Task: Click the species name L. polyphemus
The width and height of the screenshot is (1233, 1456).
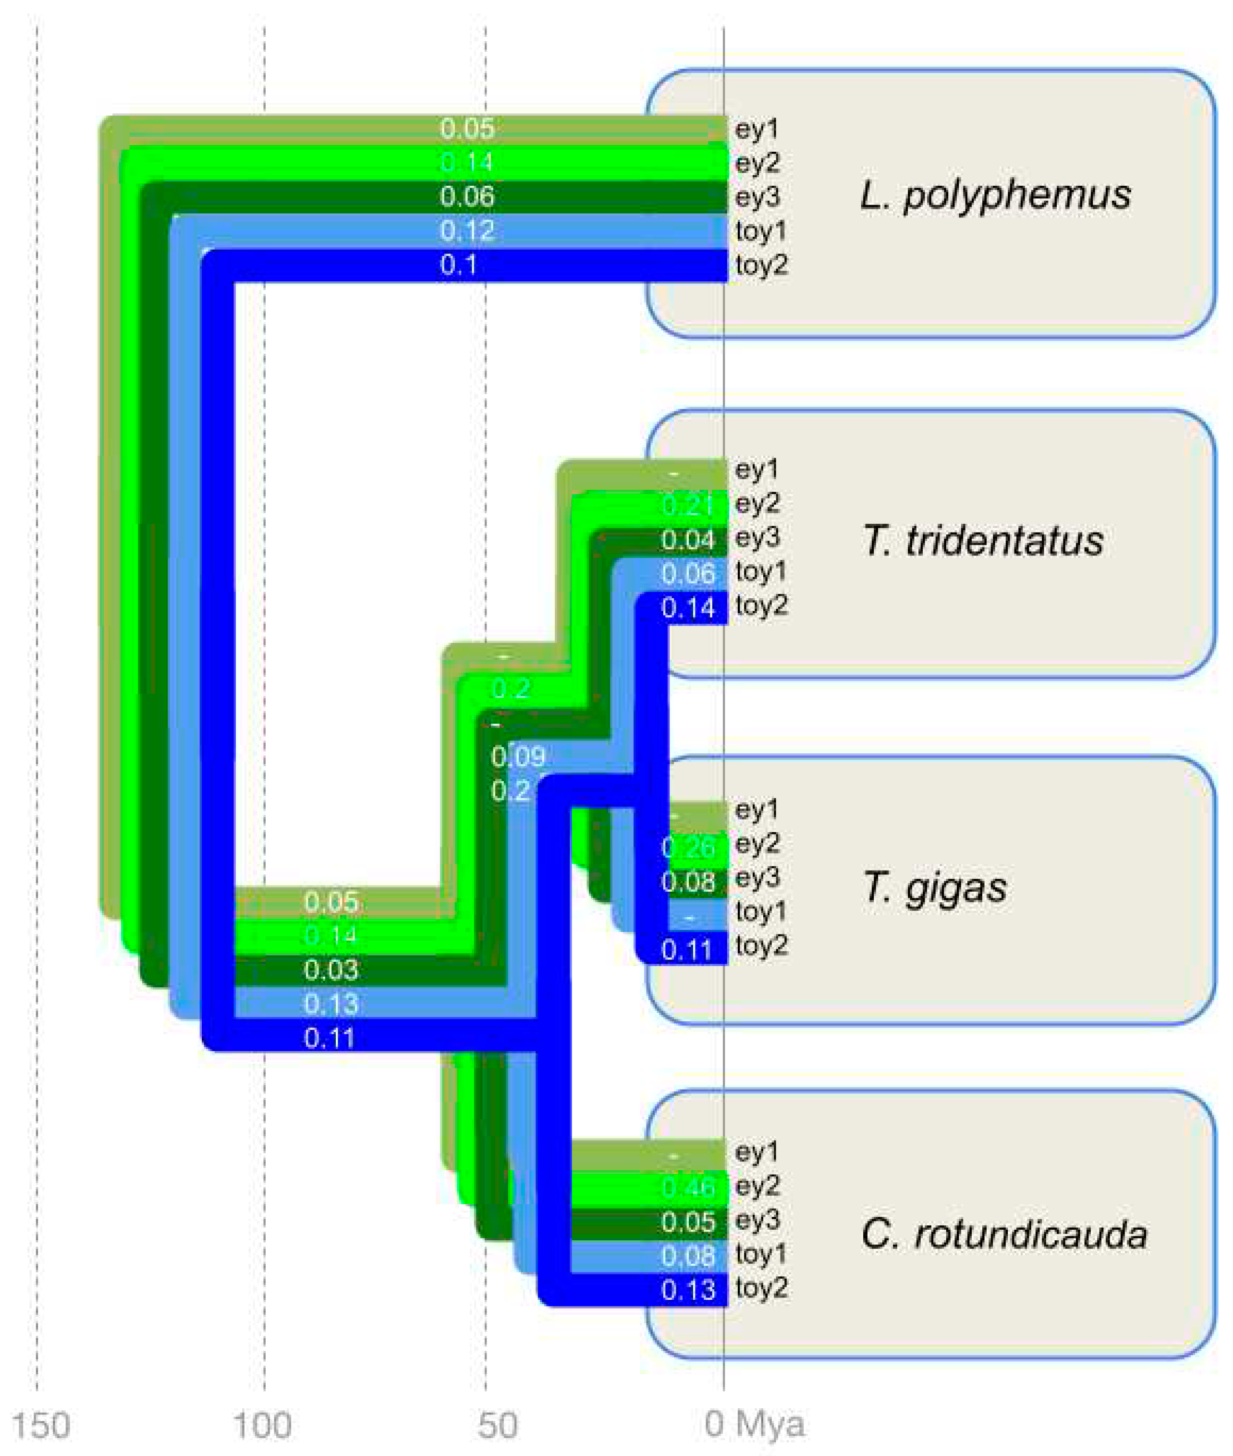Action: (x=995, y=195)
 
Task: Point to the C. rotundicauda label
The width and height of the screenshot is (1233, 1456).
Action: (x=1004, y=1234)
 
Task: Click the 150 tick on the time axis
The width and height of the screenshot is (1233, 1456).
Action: (x=41, y=1424)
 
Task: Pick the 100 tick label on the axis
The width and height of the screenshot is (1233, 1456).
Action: (x=262, y=1424)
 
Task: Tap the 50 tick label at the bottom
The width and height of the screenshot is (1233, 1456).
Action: (x=498, y=1424)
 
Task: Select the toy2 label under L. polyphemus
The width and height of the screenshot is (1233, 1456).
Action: (x=761, y=265)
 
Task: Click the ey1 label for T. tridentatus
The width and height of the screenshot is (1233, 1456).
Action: (x=756, y=469)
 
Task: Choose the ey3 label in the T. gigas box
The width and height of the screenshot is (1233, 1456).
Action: (x=757, y=877)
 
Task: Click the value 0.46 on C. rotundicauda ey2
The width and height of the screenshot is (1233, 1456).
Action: (x=689, y=1187)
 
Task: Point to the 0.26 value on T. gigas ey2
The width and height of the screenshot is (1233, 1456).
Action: (x=689, y=848)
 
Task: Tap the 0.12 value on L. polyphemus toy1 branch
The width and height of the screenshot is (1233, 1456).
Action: (x=467, y=231)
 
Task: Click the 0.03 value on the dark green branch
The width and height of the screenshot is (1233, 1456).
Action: (x=331, y=970)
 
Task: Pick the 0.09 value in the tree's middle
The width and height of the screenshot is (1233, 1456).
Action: (x=518, y=756)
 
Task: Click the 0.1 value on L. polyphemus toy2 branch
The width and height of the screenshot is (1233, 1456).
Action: (x=459, y=265)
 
